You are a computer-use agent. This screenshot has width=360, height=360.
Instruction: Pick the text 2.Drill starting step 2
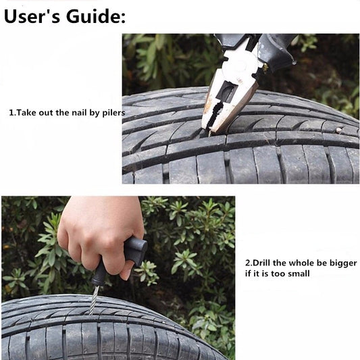coord(259,263)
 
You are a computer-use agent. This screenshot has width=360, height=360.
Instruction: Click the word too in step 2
coord(277,274)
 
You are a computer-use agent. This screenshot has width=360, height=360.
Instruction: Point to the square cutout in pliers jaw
coord(227,92)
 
